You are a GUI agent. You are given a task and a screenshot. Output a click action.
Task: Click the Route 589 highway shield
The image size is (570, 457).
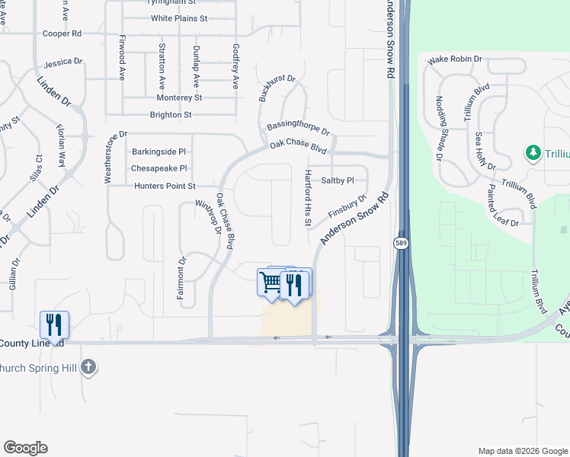point(399,243)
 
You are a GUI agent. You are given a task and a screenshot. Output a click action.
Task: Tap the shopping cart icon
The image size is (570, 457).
point(271,283)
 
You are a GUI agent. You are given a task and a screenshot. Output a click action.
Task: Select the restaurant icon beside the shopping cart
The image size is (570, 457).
point(293,283)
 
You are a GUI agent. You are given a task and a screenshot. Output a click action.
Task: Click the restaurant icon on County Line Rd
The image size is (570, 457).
point(53,324)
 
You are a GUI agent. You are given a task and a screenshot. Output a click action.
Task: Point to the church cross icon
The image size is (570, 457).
point(89,367)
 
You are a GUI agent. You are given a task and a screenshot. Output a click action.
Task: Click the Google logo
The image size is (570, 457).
point(25,448)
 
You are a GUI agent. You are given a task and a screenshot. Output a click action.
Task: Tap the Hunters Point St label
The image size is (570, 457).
point(165,186)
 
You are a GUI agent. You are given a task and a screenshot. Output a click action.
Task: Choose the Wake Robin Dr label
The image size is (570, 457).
point(456,59)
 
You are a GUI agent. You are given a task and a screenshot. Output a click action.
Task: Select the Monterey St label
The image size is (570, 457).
point(179,97)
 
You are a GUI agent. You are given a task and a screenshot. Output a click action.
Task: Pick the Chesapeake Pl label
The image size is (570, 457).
point(159,168)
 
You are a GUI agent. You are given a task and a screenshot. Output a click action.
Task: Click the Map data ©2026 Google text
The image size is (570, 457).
point(522,449)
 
